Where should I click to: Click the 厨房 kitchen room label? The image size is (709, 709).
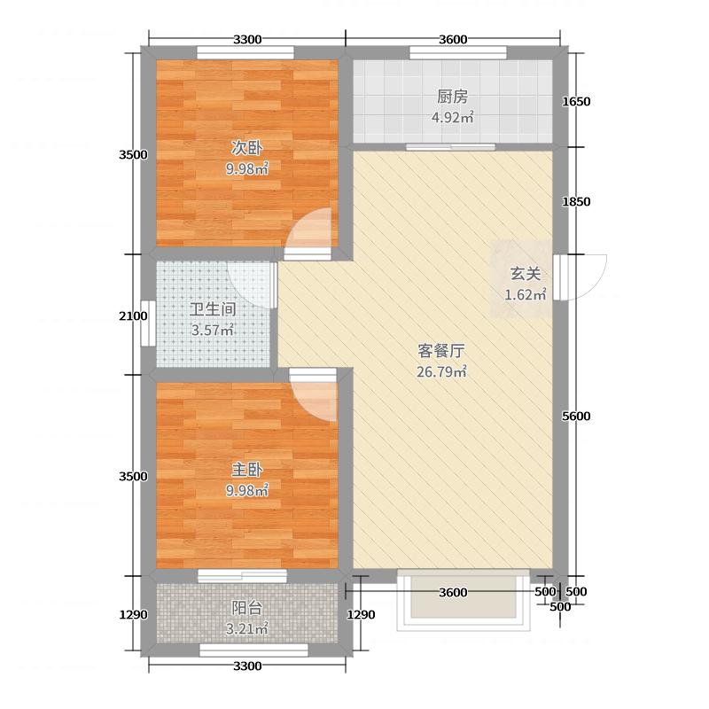(452, 97)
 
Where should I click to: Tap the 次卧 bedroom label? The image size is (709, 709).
(248, 148)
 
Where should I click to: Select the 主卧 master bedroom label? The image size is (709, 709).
(248, 470)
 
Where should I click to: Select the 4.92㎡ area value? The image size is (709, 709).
(452, 118)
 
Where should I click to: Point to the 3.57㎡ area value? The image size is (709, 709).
(213, 331)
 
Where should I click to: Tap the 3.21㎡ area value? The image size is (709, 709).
(248, 630)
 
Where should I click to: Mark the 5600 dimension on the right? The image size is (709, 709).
(576, 417)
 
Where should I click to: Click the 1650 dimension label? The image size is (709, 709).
(576, 102)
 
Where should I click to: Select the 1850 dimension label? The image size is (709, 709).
(576, 202)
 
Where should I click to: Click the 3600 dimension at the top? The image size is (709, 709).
(452, 39)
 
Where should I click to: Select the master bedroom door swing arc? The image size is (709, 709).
(316, 397)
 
